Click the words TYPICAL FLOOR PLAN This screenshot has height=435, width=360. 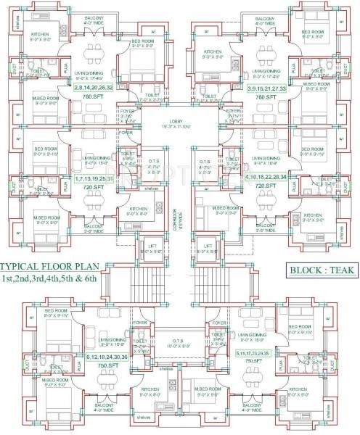[x=55, y=266]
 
